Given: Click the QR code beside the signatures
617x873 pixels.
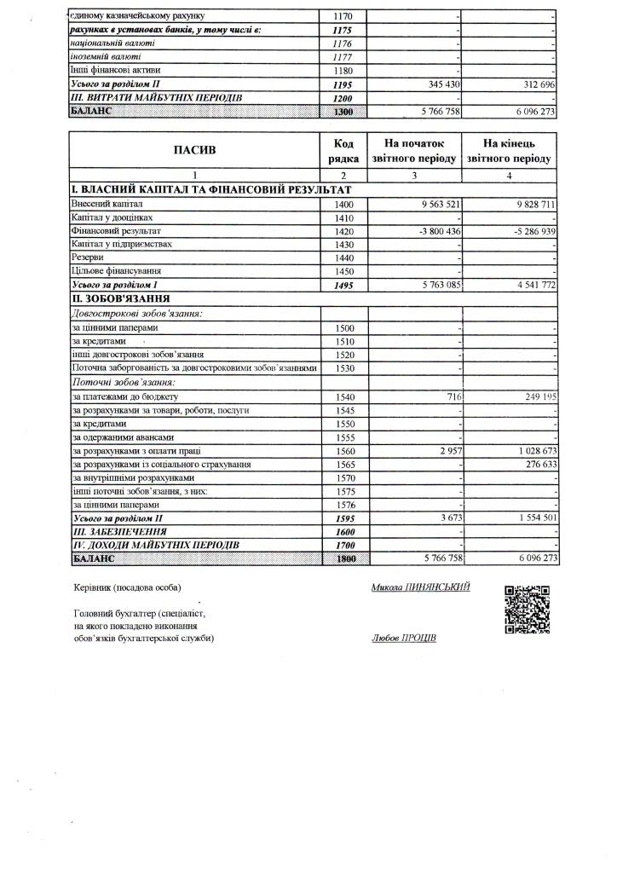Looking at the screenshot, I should (527, 610).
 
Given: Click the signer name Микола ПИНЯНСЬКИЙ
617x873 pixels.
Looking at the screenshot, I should (420, 587).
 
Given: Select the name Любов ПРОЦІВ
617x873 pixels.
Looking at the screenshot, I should (404, 639).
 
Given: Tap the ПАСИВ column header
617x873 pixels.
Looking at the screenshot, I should (195, 151).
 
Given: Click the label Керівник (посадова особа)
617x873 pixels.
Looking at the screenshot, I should (128, 588).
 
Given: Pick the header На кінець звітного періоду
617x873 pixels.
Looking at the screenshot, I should (509, 151).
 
